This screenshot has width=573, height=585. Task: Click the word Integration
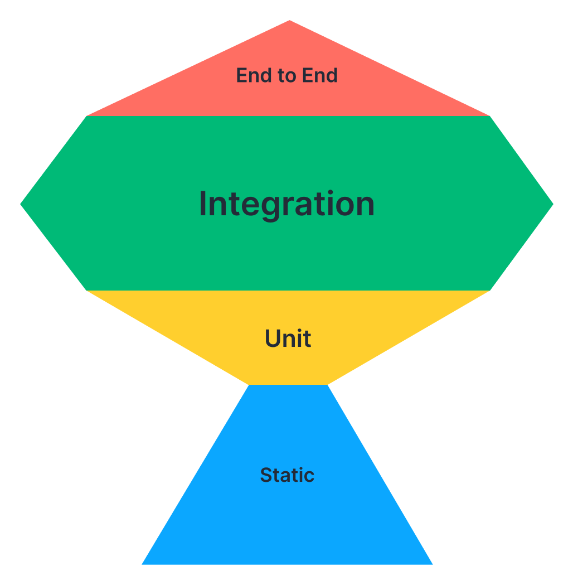[x=286, y=204]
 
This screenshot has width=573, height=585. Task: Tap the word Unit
[x=288, y=339]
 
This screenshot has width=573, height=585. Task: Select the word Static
[x=287, y=475]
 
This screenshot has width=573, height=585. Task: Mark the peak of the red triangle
[x=289, y=21]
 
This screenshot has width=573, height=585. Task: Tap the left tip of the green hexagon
[x=21, y=204]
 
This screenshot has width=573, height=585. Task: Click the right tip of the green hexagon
[x=552, y=204]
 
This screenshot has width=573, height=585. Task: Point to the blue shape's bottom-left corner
[x=143, y=564]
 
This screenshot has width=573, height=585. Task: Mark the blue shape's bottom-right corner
[x=432, y=564]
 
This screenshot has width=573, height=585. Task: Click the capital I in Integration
[x=203, y=204]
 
